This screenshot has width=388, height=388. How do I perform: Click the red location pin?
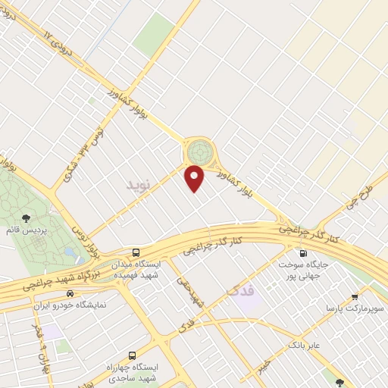tap(196, 178)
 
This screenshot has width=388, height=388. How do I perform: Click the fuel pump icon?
tap(303, 253)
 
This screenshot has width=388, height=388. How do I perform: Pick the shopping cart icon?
tap(355, 296)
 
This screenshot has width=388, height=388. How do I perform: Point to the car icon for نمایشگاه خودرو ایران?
tap(70, 293)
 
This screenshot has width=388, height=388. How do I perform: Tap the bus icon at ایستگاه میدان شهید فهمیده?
tap(136, 252)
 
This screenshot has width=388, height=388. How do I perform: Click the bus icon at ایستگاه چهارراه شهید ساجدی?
tap(133, 355)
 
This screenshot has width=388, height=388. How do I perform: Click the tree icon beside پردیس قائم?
tap(27, 218)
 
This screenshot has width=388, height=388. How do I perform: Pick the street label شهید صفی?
tap(191, 290)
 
